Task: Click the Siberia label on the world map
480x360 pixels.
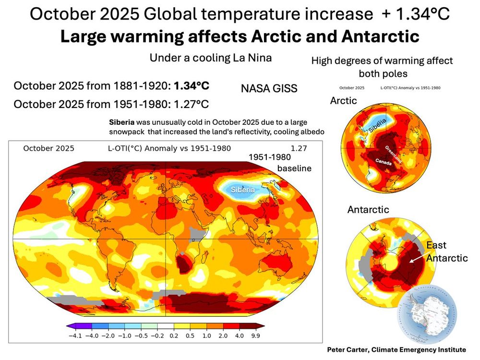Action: pos(243,190)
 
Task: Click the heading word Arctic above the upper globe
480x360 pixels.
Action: pos(344,101)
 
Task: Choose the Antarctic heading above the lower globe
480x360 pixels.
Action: pos(368,209)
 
